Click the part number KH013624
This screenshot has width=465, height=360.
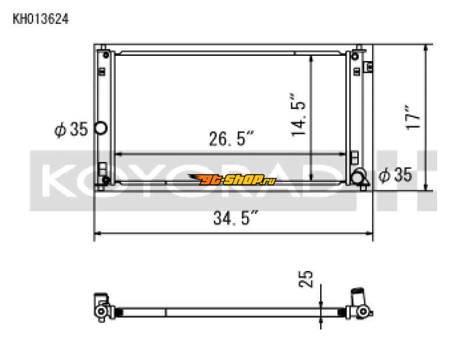click(x=41, y=19)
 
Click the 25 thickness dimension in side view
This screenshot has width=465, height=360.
click(x=309, y=278)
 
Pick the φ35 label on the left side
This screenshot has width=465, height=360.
click(x=70, y=129)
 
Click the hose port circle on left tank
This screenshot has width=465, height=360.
click(x=101, y=128)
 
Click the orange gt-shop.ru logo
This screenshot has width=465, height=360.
click(x=233, y=180)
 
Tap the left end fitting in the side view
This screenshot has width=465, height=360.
click(x=101, y=307)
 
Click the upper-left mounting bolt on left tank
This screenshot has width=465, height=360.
click(x=106, y=55)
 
